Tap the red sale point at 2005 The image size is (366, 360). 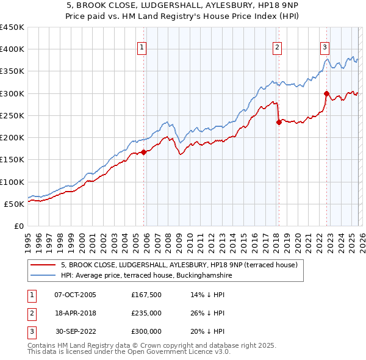click(x=144, y=152)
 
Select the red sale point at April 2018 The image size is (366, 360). click(x=279, y=122)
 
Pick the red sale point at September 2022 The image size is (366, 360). click(x=326, y=93)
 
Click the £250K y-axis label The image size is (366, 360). click(x=12, y=115)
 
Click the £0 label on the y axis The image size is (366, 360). click(x=20, y=226)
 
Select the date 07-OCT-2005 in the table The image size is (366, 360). click(x=75, y=295)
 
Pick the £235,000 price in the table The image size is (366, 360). click(x=146, y=313)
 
